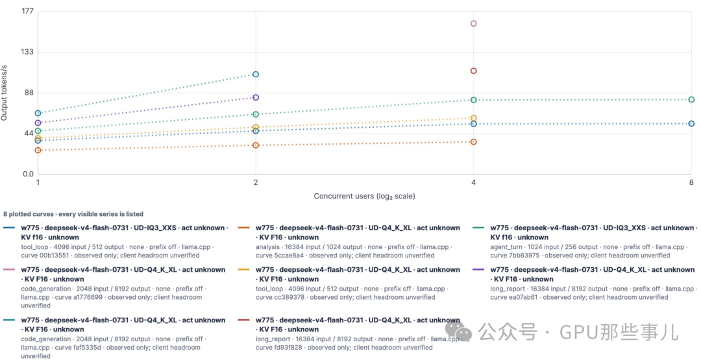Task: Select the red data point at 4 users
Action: (473, 71)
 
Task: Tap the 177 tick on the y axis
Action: (27, 11)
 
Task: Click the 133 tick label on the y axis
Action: (27, 52)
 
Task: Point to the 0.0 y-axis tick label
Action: (28, 174)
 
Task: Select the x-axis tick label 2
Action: (256, 182)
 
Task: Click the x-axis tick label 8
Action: (691, 182)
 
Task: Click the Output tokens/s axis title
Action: (4, 93)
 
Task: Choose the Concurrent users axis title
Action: (364, 196)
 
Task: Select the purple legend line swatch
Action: (480, 270)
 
